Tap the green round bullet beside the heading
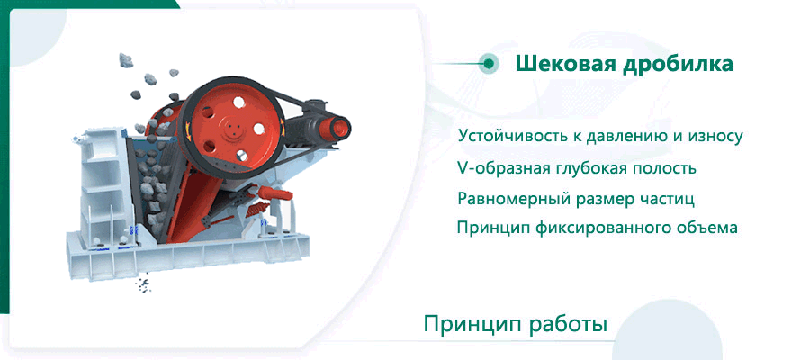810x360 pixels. point(487,64)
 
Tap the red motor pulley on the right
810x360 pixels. point(337,128)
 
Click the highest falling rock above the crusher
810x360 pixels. point(125,59)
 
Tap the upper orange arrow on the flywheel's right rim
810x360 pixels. point(282,124)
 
